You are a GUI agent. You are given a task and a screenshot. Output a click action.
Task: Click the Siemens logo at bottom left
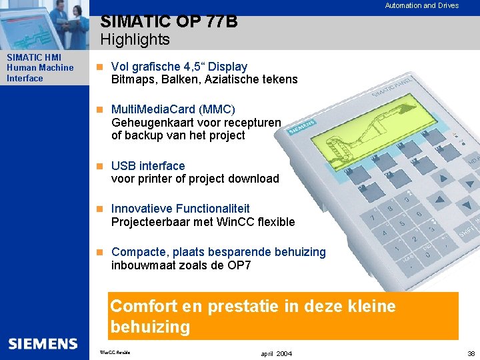pos(43,344)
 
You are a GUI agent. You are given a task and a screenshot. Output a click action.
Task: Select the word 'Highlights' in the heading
pos(135,39)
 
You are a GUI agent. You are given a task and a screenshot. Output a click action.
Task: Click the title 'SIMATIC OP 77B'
pos(169,22)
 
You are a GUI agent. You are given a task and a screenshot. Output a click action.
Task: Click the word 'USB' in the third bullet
pos(123,165)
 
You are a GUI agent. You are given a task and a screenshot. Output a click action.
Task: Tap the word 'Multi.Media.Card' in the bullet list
pos(153,109)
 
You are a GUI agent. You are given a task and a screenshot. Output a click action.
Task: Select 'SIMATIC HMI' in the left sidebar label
pos(33,57)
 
